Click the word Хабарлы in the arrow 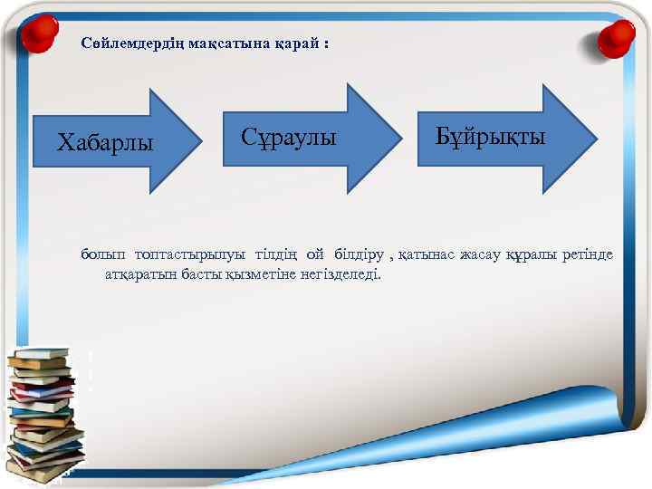[105, 142]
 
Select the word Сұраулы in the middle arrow [289, 138]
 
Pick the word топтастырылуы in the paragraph [190, 254]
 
